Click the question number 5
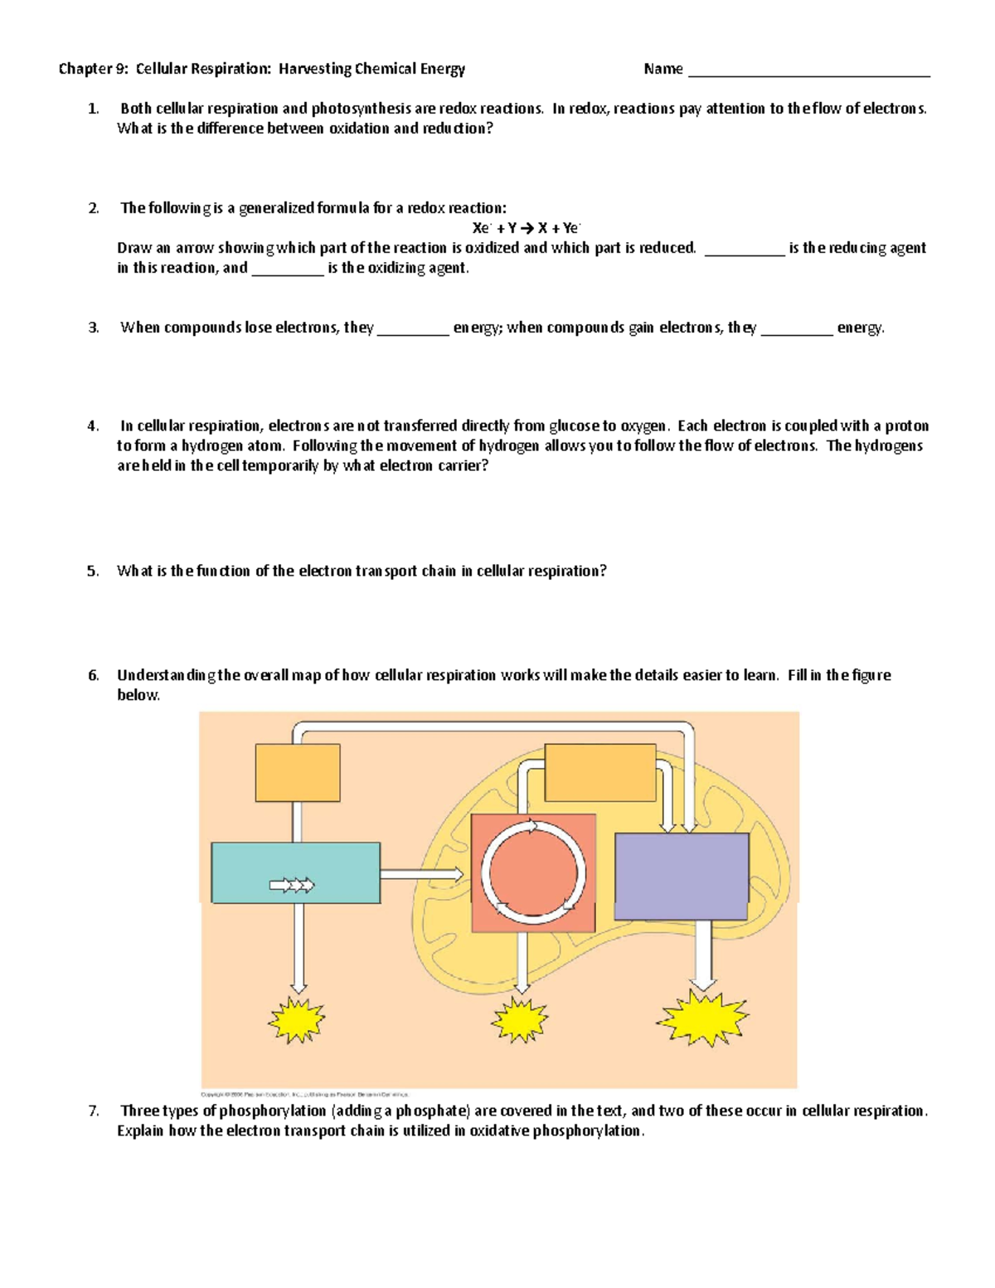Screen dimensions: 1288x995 (93, 571)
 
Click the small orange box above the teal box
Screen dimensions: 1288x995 (298, 772)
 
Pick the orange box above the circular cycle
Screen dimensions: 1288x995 (600, 772)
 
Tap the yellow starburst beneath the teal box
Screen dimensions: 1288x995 (296, 1020)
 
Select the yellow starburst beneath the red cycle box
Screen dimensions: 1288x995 (520, 1020)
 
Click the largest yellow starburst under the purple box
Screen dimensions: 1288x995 (702, 1018)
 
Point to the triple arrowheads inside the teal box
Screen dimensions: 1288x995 (292, 886)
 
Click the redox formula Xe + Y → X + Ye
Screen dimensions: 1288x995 (527, 228)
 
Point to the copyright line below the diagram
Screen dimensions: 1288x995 (304, 1095)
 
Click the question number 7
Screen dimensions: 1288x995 (93, 1111)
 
